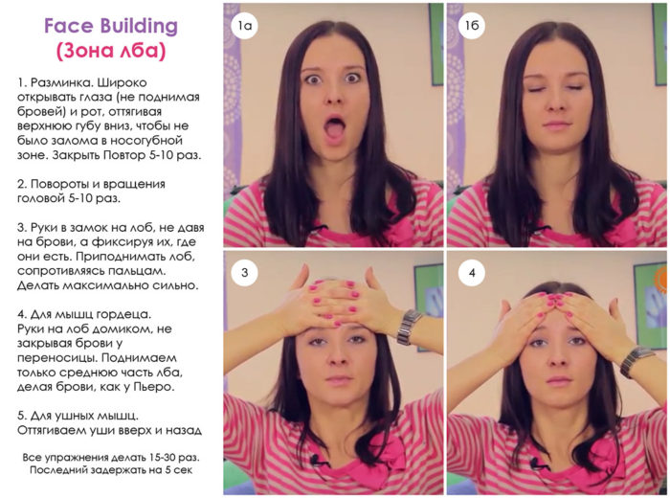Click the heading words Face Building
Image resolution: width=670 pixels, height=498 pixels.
[x=111, y=26]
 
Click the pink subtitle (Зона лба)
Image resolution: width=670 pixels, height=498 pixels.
[x=111, y=51]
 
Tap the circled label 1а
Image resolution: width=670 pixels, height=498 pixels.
[x=245, y=26]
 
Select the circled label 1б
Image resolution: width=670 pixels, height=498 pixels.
[x=472, y=26]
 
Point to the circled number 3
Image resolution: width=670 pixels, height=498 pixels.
[x=244, y=272]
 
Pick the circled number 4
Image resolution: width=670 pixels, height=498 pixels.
[x=472, y=272]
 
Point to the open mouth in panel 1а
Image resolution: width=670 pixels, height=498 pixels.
[x=335, y=127]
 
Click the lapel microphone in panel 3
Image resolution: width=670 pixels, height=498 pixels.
[x=317, y=461]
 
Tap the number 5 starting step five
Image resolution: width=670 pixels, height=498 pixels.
[x=20, y=416]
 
